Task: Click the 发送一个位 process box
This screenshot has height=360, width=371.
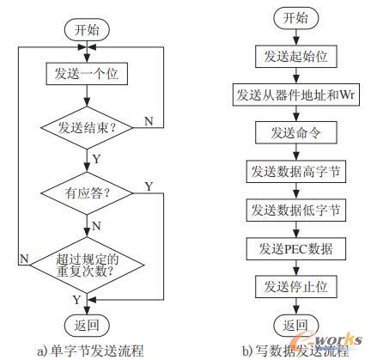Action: click(87, 74)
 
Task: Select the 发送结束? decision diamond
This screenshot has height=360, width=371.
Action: click(87, 128)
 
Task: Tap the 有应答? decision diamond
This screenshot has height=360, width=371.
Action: click(87, 193)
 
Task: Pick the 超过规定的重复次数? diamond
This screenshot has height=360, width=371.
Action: click(87, 265)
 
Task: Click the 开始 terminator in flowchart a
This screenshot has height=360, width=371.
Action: click(87, 30)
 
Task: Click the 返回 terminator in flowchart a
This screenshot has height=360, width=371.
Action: click(87, 326)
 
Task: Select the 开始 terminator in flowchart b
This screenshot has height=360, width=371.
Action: click(296, 18)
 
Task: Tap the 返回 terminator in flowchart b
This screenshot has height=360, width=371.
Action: click(296, 326)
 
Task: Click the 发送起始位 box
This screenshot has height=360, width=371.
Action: click(296, 57)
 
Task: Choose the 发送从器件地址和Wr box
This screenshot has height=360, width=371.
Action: click(296, 95)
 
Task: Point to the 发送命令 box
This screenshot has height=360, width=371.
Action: click(296, 133)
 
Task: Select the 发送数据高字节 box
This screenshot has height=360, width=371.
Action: click(296, 171)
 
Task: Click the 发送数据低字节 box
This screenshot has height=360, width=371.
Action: click(296, 210)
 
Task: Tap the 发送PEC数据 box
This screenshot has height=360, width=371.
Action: click(296, 248)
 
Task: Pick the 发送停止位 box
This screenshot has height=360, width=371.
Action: click(296, 287)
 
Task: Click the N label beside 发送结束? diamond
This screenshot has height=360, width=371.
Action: click(149, 121)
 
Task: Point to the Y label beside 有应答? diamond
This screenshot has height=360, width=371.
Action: click(149, 186)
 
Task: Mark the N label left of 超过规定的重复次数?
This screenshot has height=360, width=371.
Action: click(24, 259)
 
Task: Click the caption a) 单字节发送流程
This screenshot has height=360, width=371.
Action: click(90, 351)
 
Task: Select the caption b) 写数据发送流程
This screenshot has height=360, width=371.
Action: click(295, 351)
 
